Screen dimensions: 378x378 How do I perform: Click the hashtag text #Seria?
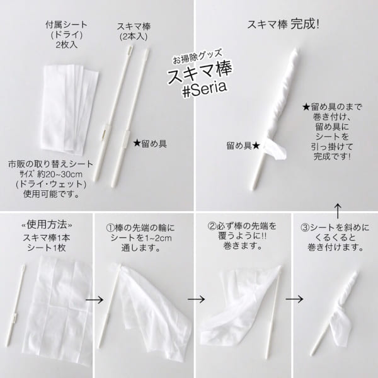point(205,89)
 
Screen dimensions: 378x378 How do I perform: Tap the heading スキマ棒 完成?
point(283,25)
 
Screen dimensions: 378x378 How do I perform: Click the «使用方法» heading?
point(47,225)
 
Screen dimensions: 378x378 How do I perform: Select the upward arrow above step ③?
point(338,211)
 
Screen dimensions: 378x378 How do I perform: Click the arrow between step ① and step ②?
point(196,299)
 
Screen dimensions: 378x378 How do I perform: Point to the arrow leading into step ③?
point(294,299)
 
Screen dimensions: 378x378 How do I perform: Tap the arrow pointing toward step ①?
point(94,300)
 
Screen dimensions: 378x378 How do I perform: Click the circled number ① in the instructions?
point(110,228)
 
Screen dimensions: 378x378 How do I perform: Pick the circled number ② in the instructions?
point(212,226)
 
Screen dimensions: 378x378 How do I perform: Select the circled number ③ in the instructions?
point(305,227)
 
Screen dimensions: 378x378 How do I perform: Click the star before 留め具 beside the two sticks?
point(137,144)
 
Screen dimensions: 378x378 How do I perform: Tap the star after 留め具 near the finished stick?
point(256,146)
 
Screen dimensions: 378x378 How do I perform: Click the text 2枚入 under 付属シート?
point(67,45)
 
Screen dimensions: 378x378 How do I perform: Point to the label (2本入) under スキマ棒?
point(134,37)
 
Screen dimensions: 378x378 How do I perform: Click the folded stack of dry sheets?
point(70,108)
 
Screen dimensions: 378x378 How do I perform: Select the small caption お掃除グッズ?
point(198,57)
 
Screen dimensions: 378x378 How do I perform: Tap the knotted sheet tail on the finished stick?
point(275,149)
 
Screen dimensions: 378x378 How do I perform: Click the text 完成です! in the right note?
point(332,157)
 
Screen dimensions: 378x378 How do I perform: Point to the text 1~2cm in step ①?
point(157,238)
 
